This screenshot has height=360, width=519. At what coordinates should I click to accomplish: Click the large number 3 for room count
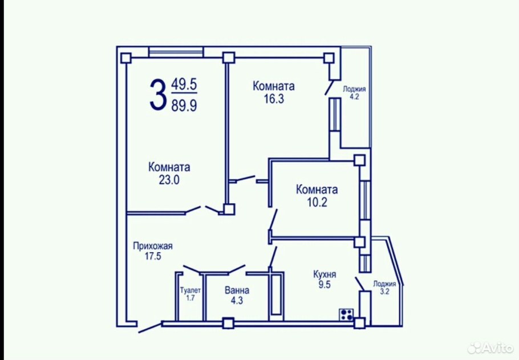158,95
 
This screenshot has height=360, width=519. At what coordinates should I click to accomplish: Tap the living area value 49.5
184,84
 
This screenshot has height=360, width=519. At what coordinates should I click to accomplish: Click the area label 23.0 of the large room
169,180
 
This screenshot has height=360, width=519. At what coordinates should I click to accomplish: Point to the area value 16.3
274,98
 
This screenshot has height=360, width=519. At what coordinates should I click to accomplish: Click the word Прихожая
153,246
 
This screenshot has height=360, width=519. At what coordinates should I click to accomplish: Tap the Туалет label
190,290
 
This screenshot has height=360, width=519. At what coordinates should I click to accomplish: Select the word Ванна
236,290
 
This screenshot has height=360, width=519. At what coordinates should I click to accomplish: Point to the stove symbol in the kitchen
346,313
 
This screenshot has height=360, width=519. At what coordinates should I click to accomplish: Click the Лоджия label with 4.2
354,89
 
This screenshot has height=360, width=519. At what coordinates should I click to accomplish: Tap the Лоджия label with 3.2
384,284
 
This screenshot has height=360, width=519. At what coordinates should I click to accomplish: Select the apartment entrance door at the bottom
149,327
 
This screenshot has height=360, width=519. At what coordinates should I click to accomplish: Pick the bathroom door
236,269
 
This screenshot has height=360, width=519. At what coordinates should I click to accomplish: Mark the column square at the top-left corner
125,57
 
